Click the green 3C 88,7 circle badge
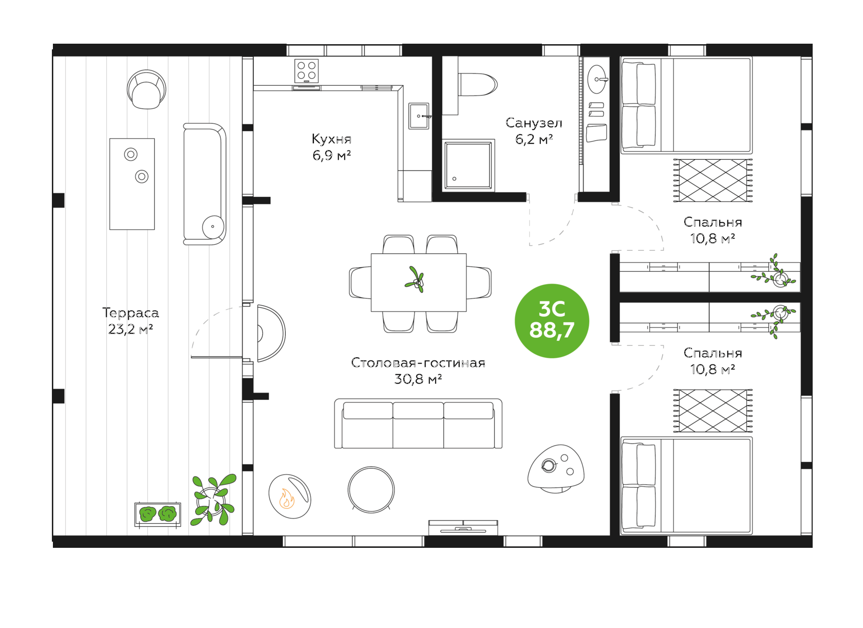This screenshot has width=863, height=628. pos(552,321)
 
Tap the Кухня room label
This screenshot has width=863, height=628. pos(331,139)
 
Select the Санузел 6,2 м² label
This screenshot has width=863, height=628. pos(534,131)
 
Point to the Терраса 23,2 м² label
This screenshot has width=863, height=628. pos(130,321)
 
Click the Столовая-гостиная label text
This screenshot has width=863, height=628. pos(418,363)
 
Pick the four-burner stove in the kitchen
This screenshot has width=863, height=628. pos(306,71)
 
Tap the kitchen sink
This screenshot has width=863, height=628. pos(419,116)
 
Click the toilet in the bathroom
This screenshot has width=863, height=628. pos(477,84)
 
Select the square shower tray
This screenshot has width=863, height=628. pos(468,165)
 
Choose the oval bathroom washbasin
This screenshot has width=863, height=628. pos(597,79)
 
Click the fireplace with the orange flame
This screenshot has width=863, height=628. pos(290,496)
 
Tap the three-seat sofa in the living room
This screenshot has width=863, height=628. pos(418,423)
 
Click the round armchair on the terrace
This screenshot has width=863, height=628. pos(146,89)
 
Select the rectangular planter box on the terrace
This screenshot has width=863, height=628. pos(158,514)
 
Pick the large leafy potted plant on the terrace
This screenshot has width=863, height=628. pos(213,500)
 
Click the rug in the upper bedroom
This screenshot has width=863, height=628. pos(713,180)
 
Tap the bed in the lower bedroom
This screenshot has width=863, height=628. pos(686,486)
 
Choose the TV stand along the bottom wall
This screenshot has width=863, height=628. pos(463,528)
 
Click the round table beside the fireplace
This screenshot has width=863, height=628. pos(371,490)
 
